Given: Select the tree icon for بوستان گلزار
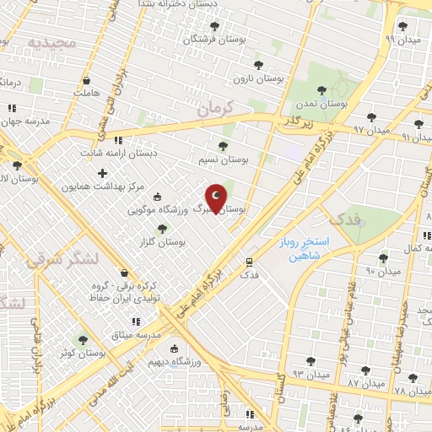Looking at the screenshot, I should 164,228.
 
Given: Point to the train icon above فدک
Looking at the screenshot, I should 250,262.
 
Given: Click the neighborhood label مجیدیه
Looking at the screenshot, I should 51,41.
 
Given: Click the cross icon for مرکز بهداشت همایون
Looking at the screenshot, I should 103,174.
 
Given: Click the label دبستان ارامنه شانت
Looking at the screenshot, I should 119,154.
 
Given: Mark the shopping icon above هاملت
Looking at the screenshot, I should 86,81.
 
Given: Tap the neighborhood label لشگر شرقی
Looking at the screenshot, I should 63,257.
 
